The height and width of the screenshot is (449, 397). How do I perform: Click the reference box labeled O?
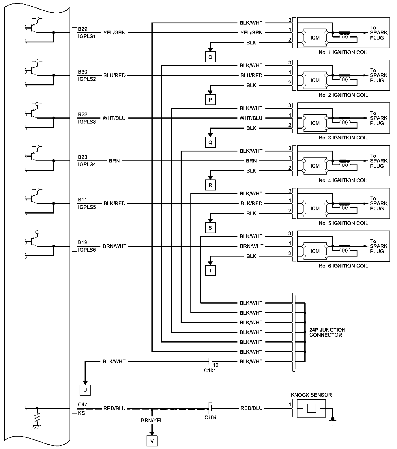pos(210,57)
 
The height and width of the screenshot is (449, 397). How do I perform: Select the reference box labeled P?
pos(210,100)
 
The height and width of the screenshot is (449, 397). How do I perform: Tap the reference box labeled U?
pos(85,390)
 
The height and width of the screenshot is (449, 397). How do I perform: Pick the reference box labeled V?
pos(152,441)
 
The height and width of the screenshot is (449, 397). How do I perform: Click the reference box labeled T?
pos(210,271)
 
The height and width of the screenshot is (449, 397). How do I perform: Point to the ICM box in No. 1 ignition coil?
pos(315,38)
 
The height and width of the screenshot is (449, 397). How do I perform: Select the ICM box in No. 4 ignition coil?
pos(315,166)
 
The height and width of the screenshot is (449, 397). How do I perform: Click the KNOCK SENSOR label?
pos(311,395)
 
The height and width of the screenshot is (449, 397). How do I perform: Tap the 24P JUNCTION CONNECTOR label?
pos(327,332)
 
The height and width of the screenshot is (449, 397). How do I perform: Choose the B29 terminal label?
pos(83,29)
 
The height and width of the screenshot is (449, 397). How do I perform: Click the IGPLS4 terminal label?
pos(87,164)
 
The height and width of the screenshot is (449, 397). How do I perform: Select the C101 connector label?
pos(210,371)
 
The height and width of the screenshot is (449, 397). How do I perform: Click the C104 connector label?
pos(211,417)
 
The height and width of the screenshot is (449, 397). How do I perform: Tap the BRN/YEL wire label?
pos(152,420)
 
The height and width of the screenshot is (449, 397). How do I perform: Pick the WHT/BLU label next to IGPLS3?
pos(114,118)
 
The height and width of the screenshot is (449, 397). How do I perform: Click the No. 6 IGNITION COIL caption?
pos(343,266)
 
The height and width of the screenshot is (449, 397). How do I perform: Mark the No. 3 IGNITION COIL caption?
pos(343,138)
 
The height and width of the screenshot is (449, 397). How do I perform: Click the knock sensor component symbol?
pos(311,408)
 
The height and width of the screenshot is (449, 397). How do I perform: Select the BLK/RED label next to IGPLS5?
pos(114,203)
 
